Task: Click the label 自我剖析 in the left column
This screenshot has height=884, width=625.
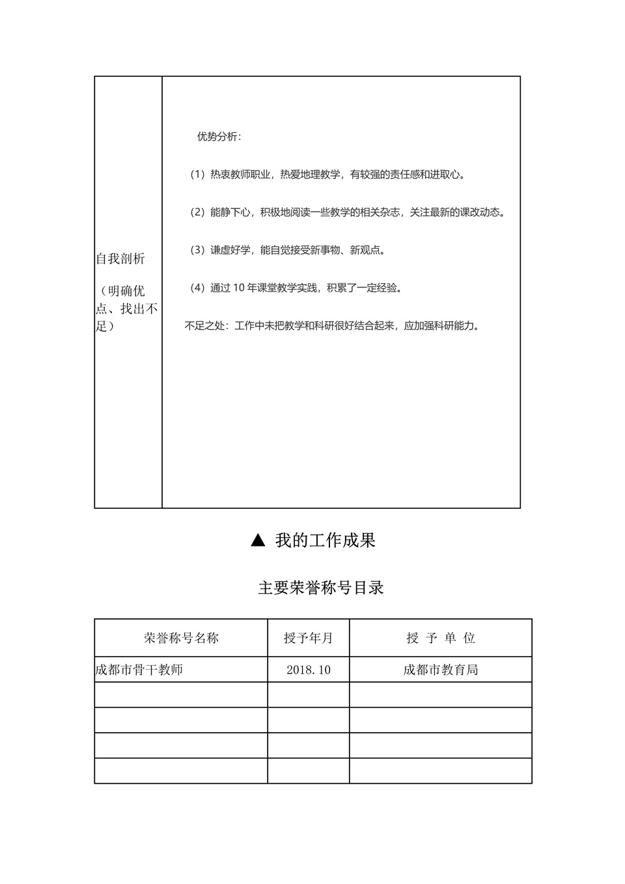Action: [x=120, y=259]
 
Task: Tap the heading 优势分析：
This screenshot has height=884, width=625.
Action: [x=219, y=137]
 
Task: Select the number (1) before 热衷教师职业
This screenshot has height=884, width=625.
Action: [x=197, y=175]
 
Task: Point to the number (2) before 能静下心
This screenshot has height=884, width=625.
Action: [x=197, y=212]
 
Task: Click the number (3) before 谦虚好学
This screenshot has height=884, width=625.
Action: [x=197, y=250]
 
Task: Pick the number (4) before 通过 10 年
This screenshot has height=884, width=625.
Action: [x=197, y=288]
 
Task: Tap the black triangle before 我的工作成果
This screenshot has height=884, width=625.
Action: [x=258, y=540]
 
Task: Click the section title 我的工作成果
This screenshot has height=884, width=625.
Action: [x=326, y=540]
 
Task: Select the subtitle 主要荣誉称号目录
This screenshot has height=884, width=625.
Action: [x=321, y=588]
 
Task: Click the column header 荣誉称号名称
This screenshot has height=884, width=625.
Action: [x=181, y=638]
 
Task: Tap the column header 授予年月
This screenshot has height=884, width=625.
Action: [x=309, y=638]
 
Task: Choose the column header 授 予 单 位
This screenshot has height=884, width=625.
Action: [x=441, y=638]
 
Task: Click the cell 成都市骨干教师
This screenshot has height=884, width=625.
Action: [x=139, y=670]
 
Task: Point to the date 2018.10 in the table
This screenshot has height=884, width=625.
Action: [x=309, y=670]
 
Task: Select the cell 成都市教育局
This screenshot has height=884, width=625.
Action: [x=441, y=670]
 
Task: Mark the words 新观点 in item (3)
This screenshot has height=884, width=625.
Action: [x=365, y=250]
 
